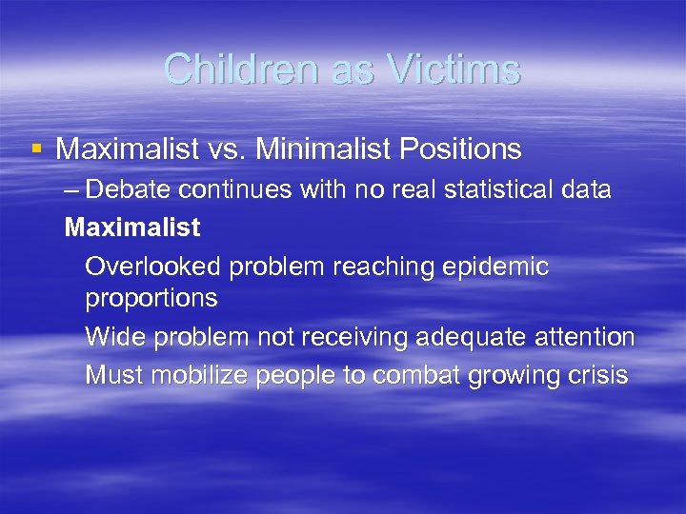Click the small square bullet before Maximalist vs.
coord(36,148)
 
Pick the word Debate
coord(130,189)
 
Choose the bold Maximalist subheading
coord(131,227)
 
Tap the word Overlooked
coord(152,267)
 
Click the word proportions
coord(151,299)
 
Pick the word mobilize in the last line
coord(201,375)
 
